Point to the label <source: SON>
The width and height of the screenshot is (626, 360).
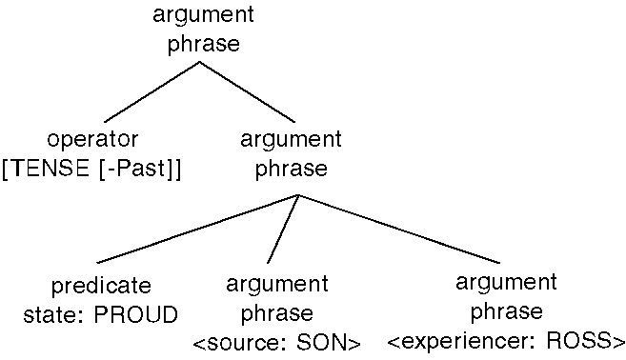tap(277, 342)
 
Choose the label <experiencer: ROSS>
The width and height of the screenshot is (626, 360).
tap(506, 342)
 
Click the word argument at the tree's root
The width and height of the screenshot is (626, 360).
tap(203, 15)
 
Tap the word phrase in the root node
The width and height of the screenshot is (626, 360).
tap(203, 44)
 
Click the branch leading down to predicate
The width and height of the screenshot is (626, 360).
tap(195, 229)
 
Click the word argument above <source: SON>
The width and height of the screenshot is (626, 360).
tap(277, 284)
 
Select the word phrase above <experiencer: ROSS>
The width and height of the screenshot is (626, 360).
tap(506, 312)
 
